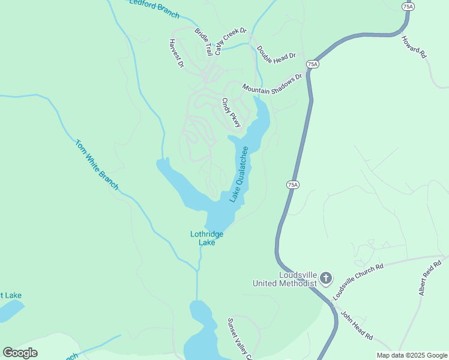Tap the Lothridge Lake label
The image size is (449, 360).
[206, 238]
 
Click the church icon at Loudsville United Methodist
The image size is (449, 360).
[326, 278]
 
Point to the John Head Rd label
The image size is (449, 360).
[357, 325]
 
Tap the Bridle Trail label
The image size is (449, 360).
[203, 41]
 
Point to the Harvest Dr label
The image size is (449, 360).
[175, 53]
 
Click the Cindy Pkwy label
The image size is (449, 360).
[231, 113]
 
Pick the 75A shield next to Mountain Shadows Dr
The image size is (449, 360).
[312, 64]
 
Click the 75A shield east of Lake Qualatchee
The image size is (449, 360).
[292, 185]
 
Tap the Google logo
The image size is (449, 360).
[20, 353]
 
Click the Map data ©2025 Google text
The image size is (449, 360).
[411, 355]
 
